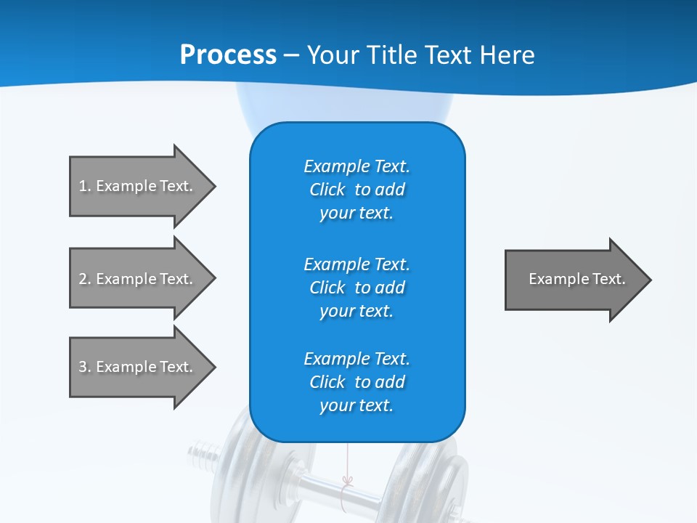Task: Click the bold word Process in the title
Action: click(x=228, y=55)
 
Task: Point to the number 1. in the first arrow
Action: click(x=85, y=186)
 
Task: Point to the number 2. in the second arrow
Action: click(x=85, y=279)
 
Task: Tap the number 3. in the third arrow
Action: click(x=85, y=367)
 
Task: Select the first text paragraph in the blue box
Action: click(x=356, y=190)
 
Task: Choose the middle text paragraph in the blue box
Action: click(x=356, y=287)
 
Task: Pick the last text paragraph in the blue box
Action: click(x=356, y=382)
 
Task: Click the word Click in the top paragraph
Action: click(x=327, y=190)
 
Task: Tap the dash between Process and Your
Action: click(x=291, y=56)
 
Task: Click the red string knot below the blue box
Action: click(x=348, y=481)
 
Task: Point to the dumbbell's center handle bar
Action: click(x=348, y=494)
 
